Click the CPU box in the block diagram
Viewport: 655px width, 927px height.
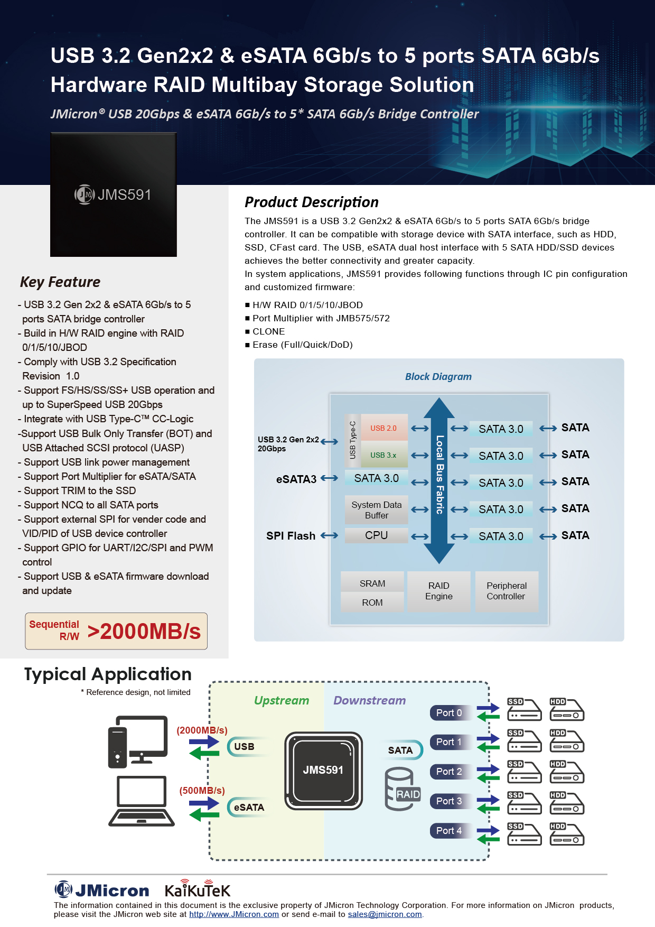click(x=376, y=535)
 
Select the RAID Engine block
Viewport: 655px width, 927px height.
click(x=438, y=591)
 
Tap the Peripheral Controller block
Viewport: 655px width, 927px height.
click(x=507, y=591)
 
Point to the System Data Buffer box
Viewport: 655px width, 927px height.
click(x=376, y=510)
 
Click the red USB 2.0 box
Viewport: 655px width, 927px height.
click(x=383, y=428)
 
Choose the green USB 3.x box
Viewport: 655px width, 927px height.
click(x=383, y=455)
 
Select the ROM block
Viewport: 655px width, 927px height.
click(x=372, y=602)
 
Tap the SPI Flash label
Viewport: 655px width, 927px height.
click(x=291, y=536)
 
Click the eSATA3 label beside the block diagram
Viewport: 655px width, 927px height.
click(x=296, y=479)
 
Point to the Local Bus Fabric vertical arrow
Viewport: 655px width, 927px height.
click(x=439, y=481)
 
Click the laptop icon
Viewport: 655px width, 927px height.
click(x=142, y=801)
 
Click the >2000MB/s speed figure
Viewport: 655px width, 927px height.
click(x=144, y=632)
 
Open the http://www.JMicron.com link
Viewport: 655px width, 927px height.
click(x=234, y=914)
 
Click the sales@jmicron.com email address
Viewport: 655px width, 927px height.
click(x=385, y=914)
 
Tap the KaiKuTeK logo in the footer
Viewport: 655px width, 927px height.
click(x=198, y=889)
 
